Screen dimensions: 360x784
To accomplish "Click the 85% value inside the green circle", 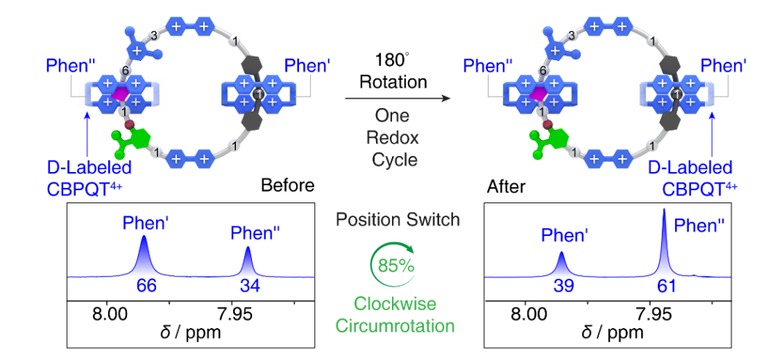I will pos(396,265).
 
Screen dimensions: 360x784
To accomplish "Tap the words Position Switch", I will pos(397,219).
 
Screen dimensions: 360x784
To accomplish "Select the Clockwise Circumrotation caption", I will pos(396,314).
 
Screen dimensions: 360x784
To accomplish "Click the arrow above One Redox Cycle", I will pos(396,99).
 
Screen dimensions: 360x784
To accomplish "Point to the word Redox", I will pos(396,138).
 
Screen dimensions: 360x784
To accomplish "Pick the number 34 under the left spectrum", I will pos(250,287).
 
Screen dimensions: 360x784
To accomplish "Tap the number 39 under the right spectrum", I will pos(563,287).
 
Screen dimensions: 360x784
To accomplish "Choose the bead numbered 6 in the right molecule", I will pos(542,70).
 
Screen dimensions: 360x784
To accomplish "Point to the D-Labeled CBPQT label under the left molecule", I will pos(89,179).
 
